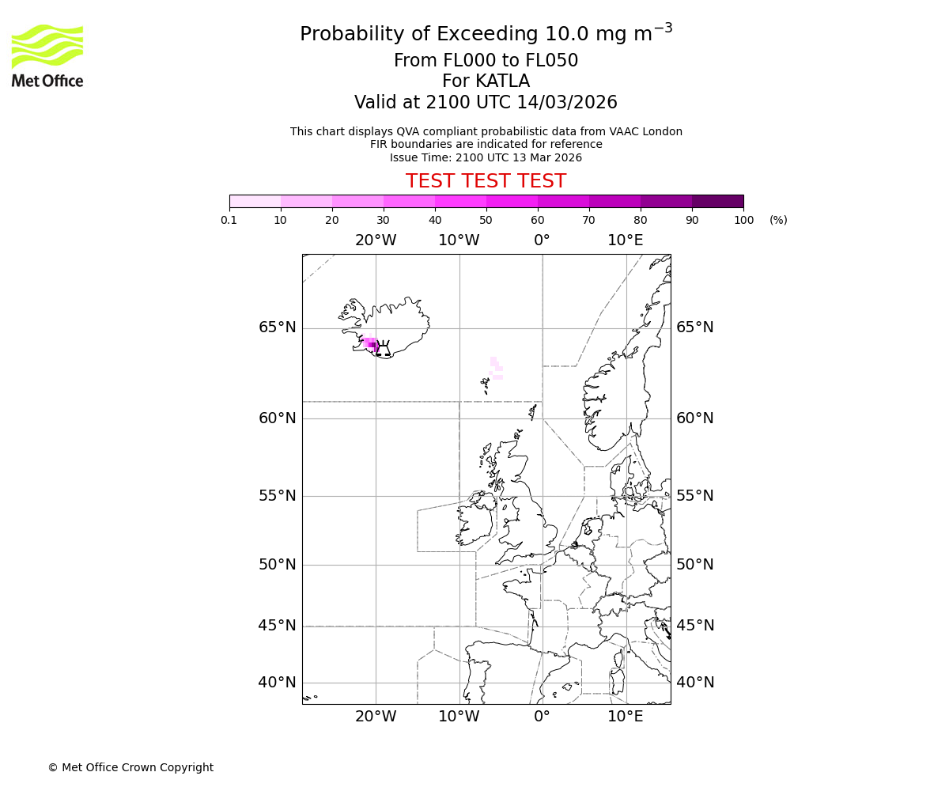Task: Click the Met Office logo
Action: pos(47,55)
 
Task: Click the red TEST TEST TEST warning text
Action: pos(486,181)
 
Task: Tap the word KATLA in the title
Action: pos(502,81)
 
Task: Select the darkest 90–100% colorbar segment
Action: pos(717,201)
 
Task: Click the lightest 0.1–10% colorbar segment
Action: pos(255,201)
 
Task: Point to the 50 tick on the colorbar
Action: pos(486,220)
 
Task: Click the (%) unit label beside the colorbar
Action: pos(778,220)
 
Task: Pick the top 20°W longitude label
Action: pos(376,240)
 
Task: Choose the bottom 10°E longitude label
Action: pos(625,717)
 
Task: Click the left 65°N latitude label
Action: pos(277,327)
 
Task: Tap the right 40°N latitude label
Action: pos(695,682)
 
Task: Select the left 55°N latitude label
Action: pos(277,496)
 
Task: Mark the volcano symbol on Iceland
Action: pos(383,349)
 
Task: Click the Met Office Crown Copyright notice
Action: pos(130,767)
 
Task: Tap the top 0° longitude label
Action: pos(542,240)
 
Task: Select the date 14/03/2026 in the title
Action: pos(567,103)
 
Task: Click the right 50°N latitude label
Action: pos(695,564)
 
